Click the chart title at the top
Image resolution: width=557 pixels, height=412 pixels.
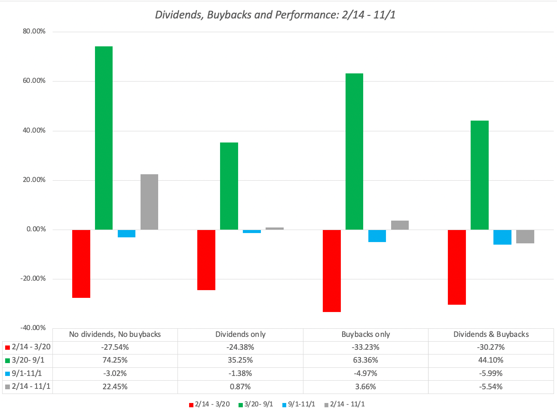point(275,15)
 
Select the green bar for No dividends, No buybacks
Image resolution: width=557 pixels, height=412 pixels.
point(104,137)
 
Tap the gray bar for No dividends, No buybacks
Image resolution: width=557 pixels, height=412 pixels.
point(149,202)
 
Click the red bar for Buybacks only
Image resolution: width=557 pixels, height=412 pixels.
point(331,270)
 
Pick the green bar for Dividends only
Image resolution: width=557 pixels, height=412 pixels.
point(229,186)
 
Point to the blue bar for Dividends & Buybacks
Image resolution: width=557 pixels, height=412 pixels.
point(502,237)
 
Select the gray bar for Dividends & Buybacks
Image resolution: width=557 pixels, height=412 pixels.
point(525,236)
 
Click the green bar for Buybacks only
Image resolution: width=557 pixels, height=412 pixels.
point(354,151)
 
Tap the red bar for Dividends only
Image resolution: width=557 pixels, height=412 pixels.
point(206,260)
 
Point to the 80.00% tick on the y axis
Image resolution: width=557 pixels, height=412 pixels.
point(34,31)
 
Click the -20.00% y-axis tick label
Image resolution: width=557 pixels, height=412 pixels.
point(33,279)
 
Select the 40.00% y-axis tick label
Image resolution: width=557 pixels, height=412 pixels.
point(34,130)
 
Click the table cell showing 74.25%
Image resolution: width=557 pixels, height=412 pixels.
point(115,360)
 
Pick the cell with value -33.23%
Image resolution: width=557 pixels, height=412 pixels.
point(365,347)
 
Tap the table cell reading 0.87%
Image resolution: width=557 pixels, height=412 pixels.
point(240,387)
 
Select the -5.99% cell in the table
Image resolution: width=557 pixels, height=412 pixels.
point(491,373)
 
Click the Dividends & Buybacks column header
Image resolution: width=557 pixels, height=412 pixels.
point(491,334)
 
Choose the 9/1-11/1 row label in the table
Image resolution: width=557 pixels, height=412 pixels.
point(27,373)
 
